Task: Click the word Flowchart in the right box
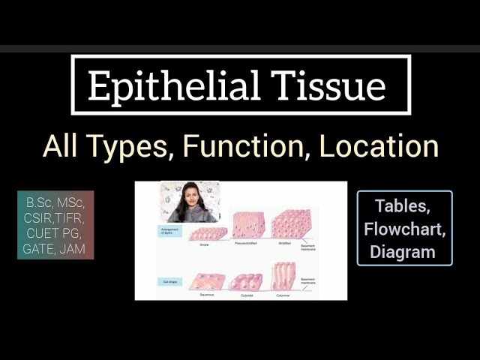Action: coord(405,228)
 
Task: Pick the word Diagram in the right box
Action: coord(405,251)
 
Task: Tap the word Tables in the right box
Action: coord(405,205)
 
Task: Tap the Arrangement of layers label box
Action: coord(171,230)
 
